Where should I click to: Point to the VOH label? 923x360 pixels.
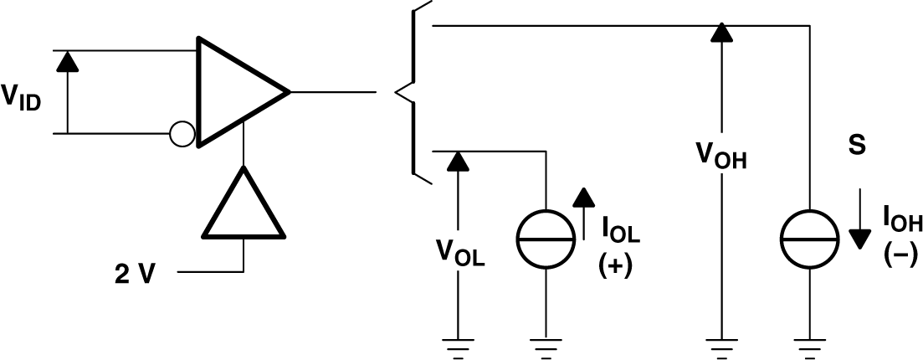coord(720,155)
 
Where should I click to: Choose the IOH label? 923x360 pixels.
coord(902,223)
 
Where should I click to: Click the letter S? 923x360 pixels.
coord(856,146)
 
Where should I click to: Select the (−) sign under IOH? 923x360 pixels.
coord(901,255)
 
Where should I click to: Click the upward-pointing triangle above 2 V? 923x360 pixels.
coord(243,206)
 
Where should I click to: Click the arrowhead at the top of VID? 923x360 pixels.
coord(67,60)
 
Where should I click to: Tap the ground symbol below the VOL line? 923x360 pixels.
coord(457,344)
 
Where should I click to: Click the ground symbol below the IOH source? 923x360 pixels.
coord(810,344)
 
